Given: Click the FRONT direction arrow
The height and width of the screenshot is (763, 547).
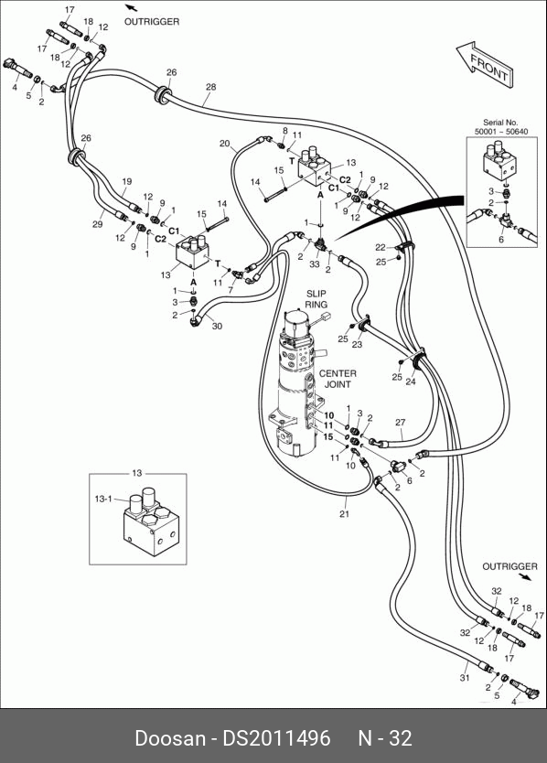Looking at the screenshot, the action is pos(485,65).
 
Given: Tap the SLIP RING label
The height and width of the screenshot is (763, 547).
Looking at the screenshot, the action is pos(316,299).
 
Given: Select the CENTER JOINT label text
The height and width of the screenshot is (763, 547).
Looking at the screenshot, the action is pos(338,379).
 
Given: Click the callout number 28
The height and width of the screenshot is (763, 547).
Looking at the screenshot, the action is pos(210,87).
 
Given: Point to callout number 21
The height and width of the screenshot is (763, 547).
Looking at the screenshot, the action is pos(344,514).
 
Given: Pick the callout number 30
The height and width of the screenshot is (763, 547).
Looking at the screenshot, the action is pos(217,326).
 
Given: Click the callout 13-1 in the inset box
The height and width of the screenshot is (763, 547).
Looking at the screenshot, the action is pos(103,499).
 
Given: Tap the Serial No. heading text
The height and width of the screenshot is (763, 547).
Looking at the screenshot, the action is pos(500,123).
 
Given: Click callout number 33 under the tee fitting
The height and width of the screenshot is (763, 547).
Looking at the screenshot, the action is pos(315,264).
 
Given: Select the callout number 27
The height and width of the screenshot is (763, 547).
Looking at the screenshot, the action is pos(400,423).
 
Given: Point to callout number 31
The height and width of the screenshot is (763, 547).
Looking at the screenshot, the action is pos(465,677).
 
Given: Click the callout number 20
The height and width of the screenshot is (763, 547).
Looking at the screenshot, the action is pos(224,144).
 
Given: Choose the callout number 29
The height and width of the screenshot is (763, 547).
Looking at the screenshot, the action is pos(97,224).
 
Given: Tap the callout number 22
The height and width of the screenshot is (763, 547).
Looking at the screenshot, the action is pos(381,248).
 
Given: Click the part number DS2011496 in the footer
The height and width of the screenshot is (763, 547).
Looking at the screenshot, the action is pos(276,738).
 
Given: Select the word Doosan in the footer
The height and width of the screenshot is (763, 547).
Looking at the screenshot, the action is pos(170,738).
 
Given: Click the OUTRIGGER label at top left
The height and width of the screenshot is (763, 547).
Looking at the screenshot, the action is pos(152,21).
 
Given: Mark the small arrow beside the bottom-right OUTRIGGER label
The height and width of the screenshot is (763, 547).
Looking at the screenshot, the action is pos(525,577).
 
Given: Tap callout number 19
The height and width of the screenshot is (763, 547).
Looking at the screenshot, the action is pos(126,181).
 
